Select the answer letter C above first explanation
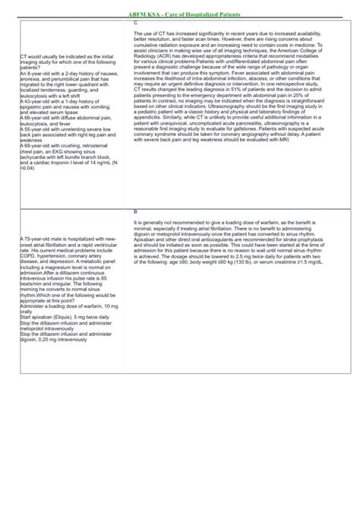(x=135, y=22)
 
